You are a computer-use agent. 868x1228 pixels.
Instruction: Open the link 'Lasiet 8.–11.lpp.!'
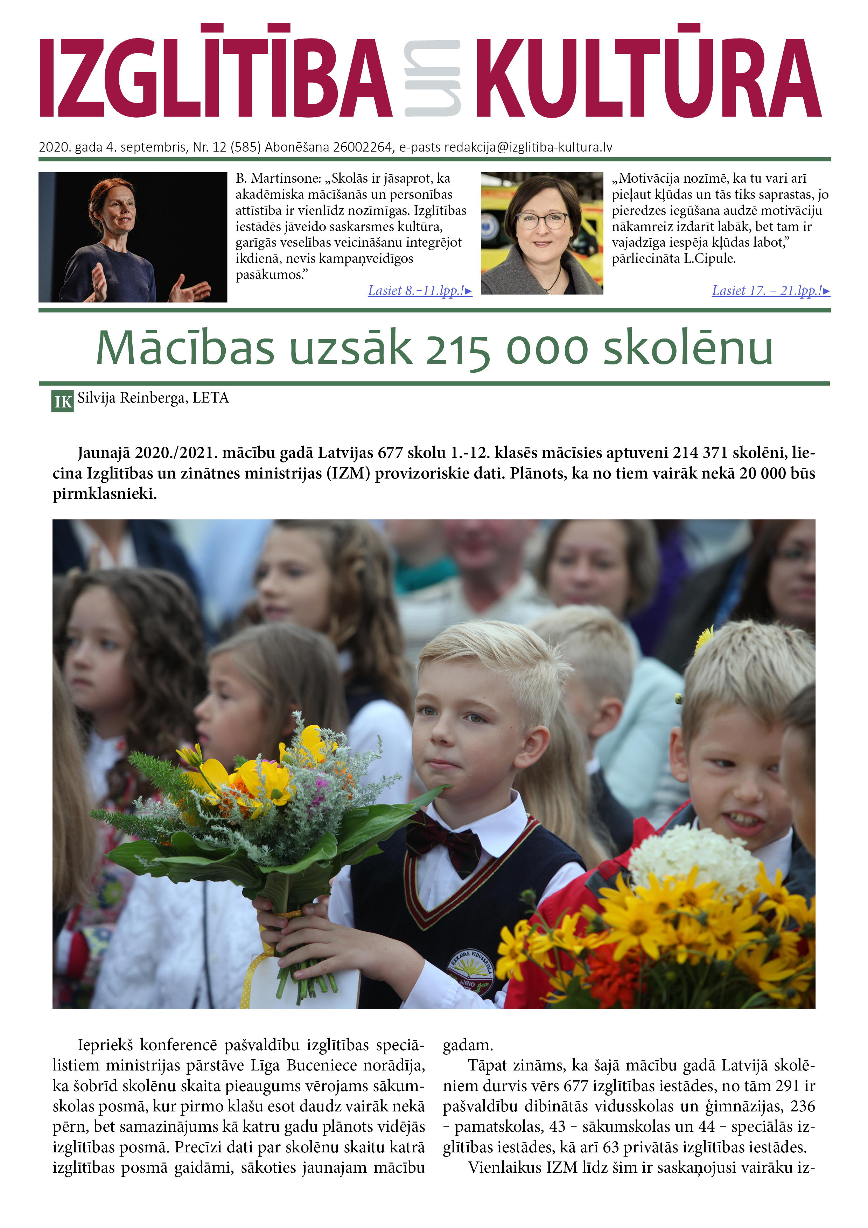tap(419, 291)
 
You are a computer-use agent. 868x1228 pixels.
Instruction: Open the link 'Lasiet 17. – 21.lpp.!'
tap(770, 291)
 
